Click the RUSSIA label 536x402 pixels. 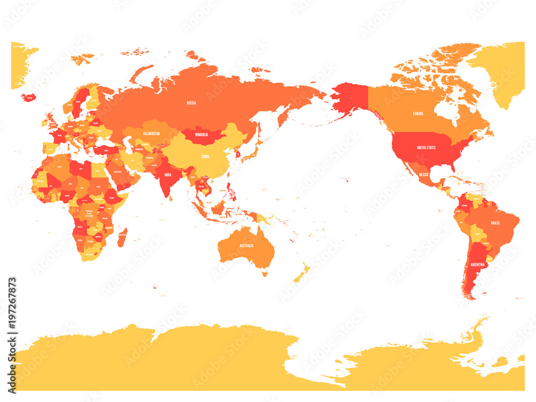click(191, 102)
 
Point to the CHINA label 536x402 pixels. click(205, 157)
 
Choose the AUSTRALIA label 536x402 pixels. click(247, 245)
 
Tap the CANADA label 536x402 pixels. click(418, 114)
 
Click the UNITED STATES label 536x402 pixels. click(426, 147)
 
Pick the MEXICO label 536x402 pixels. click(423, 175)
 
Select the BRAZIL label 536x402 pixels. click(495, 222)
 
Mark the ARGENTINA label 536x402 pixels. click(478, 265)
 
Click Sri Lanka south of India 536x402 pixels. click(171, 198)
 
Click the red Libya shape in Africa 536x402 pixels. click(80, 169)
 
